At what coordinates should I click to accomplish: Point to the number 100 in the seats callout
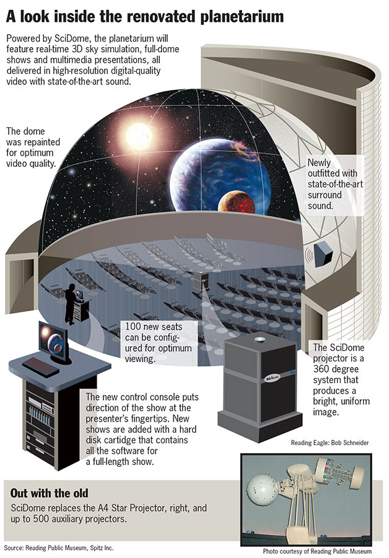tap(136, 327)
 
